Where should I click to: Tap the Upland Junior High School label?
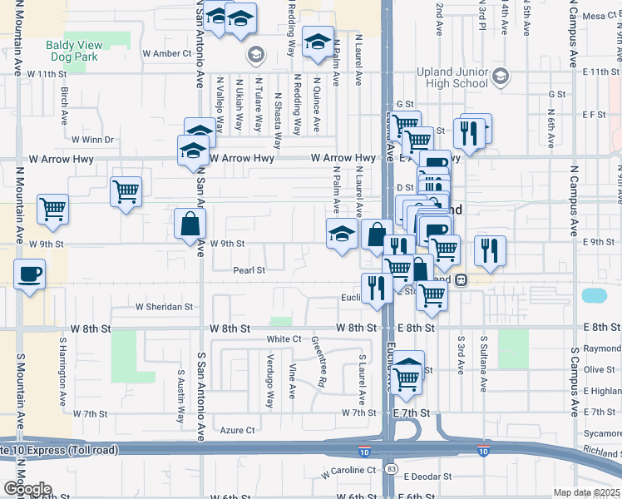pyautogui.click(x=450, y=78)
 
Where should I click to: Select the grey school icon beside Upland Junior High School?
pyautogui.click(x=500, y=77)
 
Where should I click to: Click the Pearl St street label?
pyautogui.click(x=249, y=270)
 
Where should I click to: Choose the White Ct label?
pyautogui.click(x=284, y=339)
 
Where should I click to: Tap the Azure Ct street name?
pyautogui.click(x=237, y=430)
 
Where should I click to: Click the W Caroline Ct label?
pyautogui.click(x=348, y=471)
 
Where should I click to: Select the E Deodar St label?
pyautogui.click(x=427, y=477)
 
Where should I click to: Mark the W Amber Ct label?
pyautogui.click(x=167, y=53)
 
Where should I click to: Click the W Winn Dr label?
pyautogui.click(x=92, y=140)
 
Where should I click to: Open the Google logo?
pyautogui.click(x=27, y=488)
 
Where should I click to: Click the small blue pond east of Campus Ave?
pyautogui.click(x=595, y=295)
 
